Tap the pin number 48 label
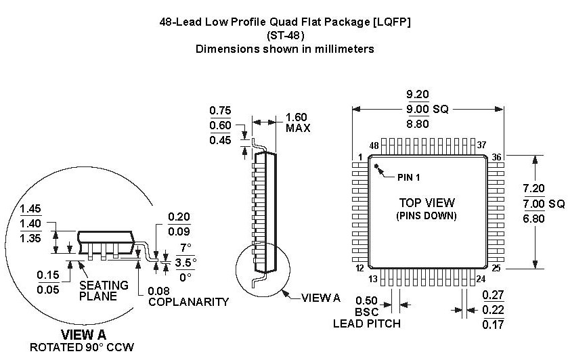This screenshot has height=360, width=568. (374, 145)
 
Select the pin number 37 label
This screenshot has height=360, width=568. (482, 145)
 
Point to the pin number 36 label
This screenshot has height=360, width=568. (497, 157)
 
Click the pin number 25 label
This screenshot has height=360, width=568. (497, 269)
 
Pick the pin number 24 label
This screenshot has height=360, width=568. (481, 279)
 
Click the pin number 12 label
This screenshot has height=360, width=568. (361, 269)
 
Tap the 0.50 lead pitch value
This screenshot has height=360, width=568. (366, 300)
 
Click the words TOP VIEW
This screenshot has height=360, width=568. (427, 202)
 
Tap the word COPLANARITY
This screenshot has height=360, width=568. (188, 302)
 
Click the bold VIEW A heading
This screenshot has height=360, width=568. (83, 335)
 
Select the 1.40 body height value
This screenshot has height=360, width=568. (32, 223)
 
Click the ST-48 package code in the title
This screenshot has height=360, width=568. (284, 35)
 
